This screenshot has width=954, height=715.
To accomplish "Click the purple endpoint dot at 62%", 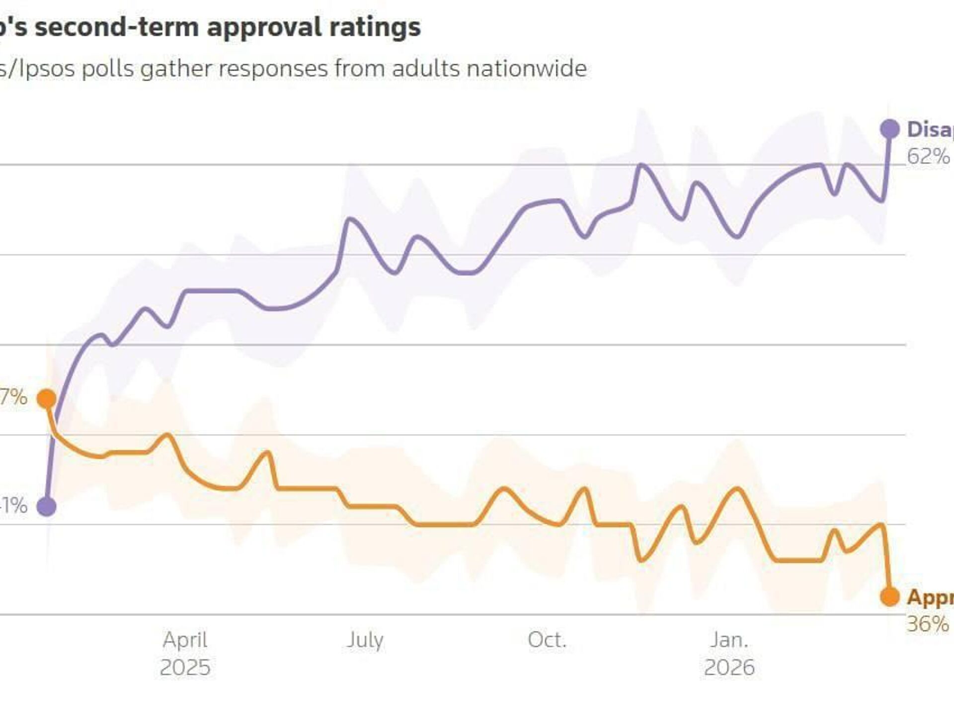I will coord(889,129).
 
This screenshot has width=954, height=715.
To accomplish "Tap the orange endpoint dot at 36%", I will coord(889,596).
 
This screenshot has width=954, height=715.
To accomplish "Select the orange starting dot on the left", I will coord(47,398).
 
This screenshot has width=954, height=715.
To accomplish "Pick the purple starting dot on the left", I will coord(47,507).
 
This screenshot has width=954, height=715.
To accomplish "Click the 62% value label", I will coord(928,157).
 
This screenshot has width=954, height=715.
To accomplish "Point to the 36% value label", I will coord(928,624).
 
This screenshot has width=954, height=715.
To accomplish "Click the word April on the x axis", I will coord(185,640).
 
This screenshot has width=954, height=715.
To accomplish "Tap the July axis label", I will coord(365,640).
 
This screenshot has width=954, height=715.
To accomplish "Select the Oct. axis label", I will coord(547,640).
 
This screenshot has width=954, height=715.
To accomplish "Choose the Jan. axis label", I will coord(729,640).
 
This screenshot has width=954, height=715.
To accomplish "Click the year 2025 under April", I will coord(185,667).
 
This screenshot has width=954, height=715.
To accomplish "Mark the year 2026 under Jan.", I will coord(729,667).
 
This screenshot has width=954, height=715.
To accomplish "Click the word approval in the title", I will coord(264,28).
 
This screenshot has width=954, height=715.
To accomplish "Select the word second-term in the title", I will coord(117,27).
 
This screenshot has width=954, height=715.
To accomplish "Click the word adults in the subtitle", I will coord(425,68).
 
